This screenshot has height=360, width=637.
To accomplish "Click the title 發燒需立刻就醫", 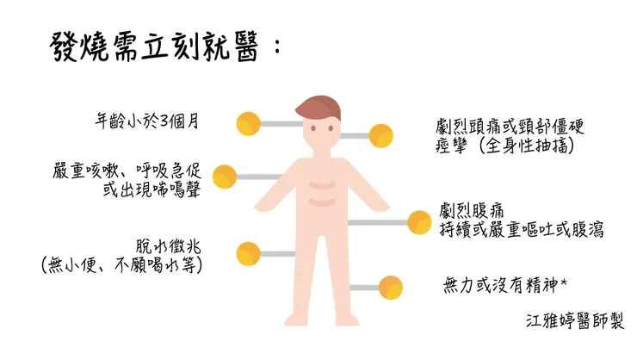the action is [154, 48].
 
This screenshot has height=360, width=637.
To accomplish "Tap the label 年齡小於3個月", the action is [147, 121].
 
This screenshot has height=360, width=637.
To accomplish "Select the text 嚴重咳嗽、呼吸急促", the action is [127, 171].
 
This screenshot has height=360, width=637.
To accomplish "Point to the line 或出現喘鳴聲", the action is [152, 189].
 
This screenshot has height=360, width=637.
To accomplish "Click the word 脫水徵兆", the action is [168, 246].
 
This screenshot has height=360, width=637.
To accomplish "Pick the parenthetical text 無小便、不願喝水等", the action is [122, 265].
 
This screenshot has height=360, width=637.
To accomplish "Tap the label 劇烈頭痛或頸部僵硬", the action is [510, 127].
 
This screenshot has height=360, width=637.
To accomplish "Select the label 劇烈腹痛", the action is [472, 211].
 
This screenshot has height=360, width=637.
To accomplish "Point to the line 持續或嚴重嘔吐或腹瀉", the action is [522, 230].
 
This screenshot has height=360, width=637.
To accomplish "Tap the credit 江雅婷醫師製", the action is [575, 320].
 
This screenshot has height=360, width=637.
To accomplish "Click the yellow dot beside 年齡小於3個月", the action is [248, 123].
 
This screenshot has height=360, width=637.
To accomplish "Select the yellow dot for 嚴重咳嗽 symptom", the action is [225, 177].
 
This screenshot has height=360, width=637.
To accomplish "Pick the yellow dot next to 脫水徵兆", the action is [248, 253].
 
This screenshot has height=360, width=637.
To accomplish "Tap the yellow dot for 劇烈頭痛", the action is [381, 136].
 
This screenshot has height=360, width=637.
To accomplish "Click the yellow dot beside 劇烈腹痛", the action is [419, 222].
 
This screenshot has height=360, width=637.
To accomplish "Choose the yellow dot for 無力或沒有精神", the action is [391, 288].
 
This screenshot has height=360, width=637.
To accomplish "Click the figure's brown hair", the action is [318, 106].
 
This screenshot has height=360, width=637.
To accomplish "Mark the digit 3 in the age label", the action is [164, 121].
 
